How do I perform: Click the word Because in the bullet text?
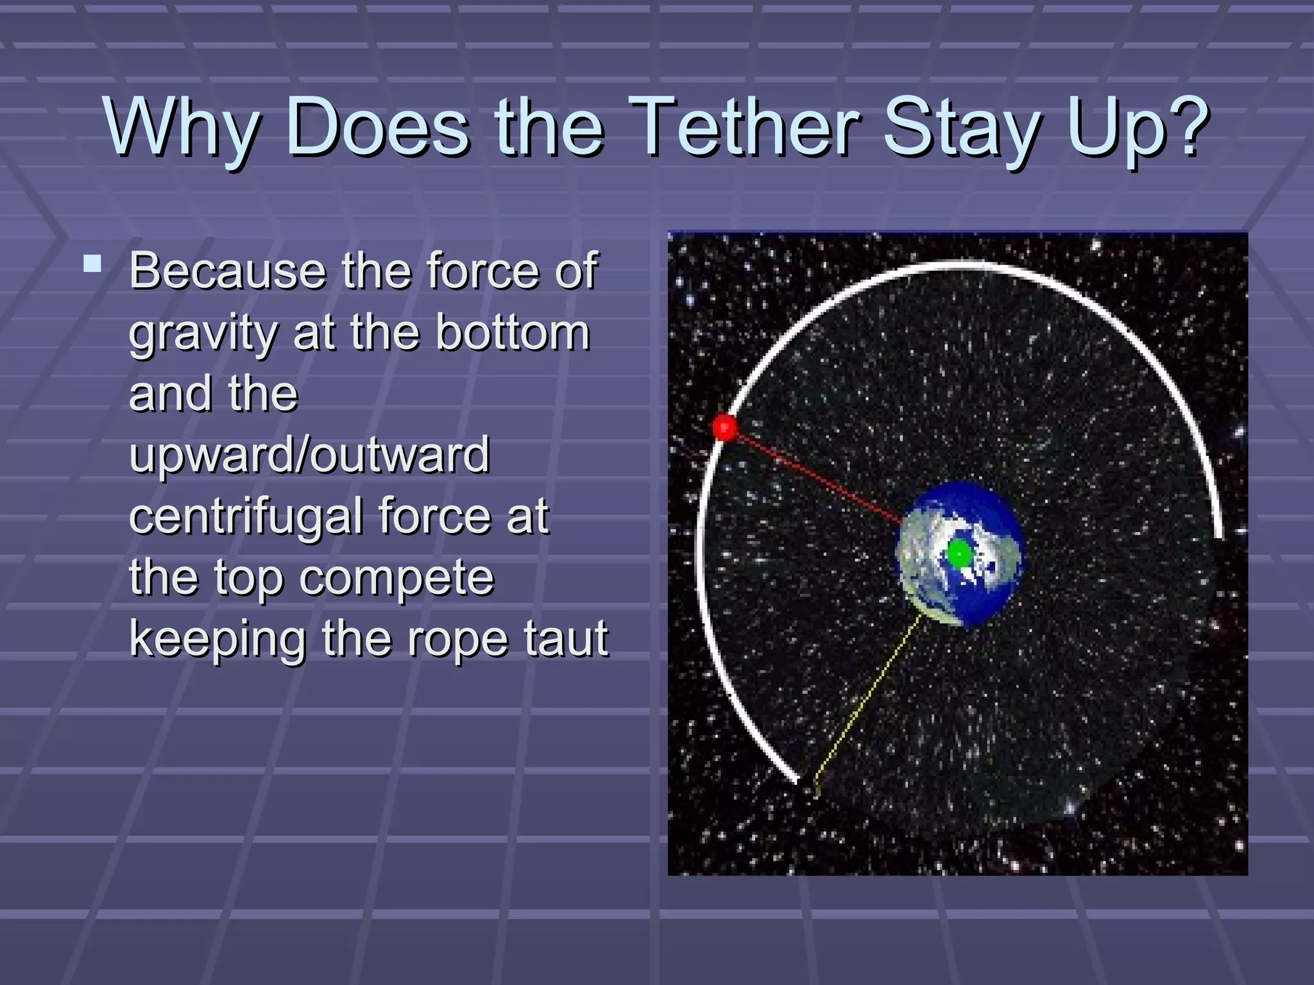(x=228, y=271)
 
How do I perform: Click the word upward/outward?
(x=309, y=456)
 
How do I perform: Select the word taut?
(x=565, y=639)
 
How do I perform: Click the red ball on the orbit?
(x=726, y=427)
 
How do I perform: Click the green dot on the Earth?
(x=959, y=553)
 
